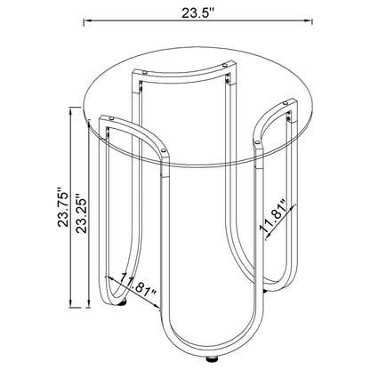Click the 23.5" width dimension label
click(x=197, y=12)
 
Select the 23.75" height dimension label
click(x=63, y=207)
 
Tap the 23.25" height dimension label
click(x=81, y=213)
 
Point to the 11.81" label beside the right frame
click(x=272, y=215)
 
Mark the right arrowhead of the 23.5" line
click(x=310, y=21)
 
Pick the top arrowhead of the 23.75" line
click(x=71, y=110)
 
